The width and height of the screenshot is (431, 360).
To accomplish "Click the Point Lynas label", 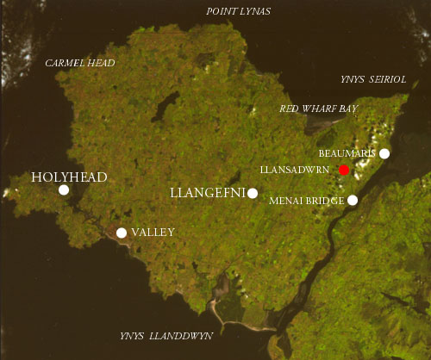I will click(237, 10).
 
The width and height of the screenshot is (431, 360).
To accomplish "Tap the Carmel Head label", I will click(80, 63).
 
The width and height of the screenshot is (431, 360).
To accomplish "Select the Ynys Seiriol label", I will click(372, 79).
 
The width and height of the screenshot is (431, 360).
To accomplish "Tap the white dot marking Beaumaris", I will click(384, 153).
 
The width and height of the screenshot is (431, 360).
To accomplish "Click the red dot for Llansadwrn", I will click(344, 170).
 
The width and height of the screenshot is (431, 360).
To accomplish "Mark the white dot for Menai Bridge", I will click(353, 200).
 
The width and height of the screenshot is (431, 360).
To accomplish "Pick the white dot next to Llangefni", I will click(252, 193).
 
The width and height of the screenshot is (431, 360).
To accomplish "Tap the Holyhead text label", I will click(69, 177).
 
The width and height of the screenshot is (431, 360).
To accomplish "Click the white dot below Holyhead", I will click(64, 189).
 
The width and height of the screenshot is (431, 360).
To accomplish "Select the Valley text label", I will click(154, 233).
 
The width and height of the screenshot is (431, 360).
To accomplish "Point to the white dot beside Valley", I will click(122, 233).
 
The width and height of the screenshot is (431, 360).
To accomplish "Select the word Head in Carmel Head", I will click(101, 63).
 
